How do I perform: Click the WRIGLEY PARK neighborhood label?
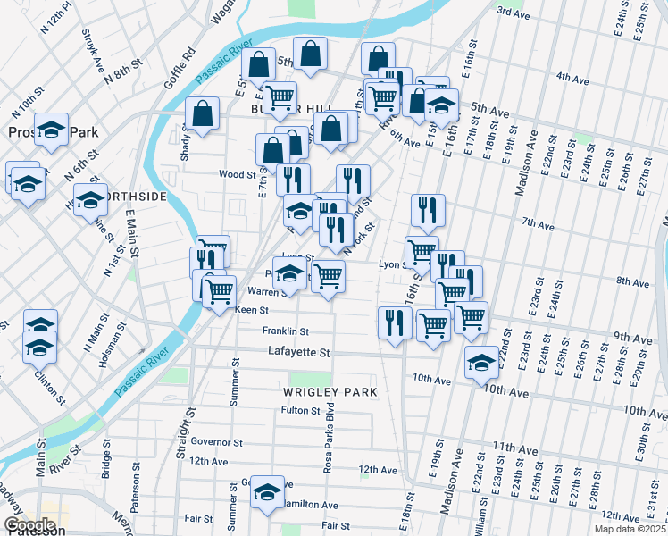point(330,392)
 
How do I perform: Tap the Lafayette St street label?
point(298,353)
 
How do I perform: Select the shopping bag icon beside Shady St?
point(203,113)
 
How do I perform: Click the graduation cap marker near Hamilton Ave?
point(266,492)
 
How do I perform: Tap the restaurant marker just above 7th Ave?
point(428,211)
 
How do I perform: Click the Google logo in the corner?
point(29,524)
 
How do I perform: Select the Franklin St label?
point(285,331)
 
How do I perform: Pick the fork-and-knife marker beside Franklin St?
point(394,322)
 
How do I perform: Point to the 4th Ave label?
point(572,79)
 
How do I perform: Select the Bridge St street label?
point(106,456)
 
